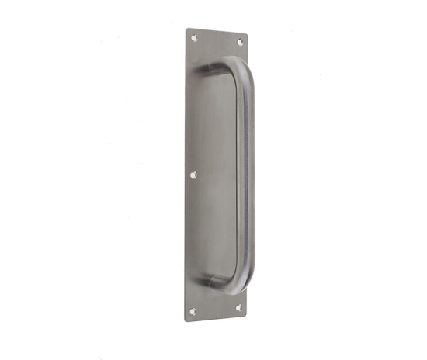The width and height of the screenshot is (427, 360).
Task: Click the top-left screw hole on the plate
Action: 194,37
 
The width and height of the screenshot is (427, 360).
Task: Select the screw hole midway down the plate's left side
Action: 193,175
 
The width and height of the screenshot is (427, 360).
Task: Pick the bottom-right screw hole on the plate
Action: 238,308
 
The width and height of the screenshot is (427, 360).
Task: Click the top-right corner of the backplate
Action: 247,35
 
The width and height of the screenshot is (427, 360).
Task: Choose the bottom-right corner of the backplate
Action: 245,314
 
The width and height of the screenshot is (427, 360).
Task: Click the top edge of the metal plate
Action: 217,33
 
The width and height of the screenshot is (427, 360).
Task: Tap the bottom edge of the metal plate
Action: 216,317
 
